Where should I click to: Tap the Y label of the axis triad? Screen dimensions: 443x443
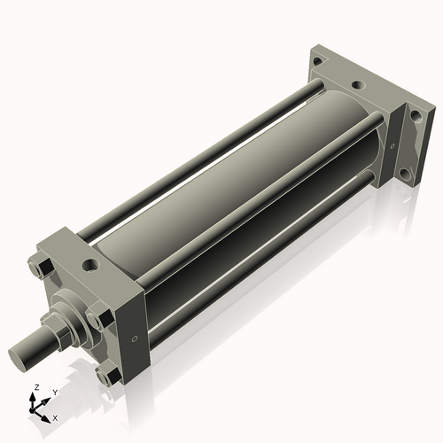(55, 392)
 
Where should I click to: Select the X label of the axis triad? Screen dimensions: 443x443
(56, 417)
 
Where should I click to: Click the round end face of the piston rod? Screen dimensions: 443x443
(21, 356)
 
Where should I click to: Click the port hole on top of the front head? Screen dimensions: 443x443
(90, 264)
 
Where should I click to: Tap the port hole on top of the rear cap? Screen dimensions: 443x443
(356, 86)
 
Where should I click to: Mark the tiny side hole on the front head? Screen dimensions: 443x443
(133, 338)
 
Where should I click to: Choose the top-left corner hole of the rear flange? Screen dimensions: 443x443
(317, 60)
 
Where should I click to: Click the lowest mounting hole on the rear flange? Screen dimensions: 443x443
(405, 175)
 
